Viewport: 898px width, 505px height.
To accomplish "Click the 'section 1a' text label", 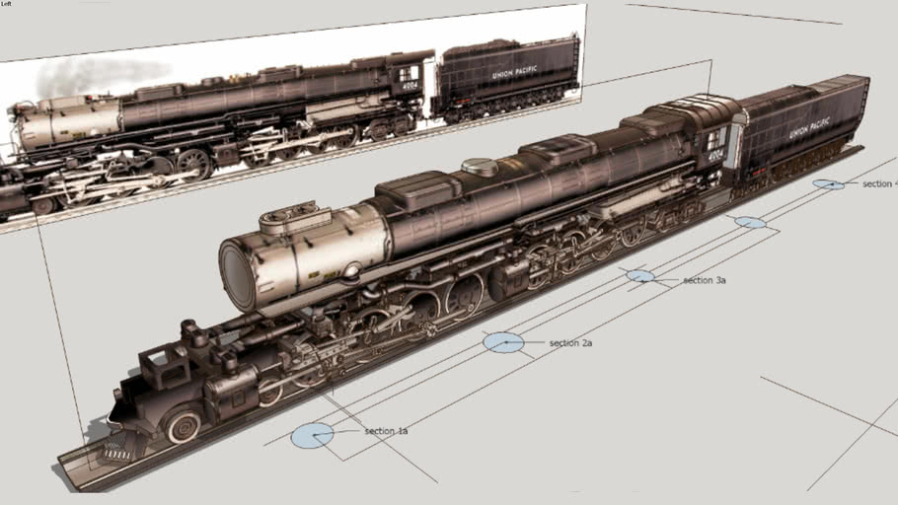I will pos(386,431).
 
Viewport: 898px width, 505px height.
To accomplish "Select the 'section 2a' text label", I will pos(570,343).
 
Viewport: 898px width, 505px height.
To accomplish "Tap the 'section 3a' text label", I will pos(705,281).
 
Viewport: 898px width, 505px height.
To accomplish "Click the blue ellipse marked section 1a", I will pos(313,435).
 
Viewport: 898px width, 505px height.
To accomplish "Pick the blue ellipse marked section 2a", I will pos(503,342).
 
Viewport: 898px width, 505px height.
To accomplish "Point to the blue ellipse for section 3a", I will pos(639,276).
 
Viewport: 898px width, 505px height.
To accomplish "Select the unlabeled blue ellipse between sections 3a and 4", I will pos(750,222).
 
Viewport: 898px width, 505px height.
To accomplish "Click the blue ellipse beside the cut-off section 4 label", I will pos(828,184).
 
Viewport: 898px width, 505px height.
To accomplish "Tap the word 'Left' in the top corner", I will pos(7,4).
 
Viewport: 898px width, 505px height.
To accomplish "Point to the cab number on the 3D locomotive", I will pos(715,155).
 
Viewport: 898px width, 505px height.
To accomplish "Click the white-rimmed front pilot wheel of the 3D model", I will pos(184,427).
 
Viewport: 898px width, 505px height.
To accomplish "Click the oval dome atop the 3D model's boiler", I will pos(481,168).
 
